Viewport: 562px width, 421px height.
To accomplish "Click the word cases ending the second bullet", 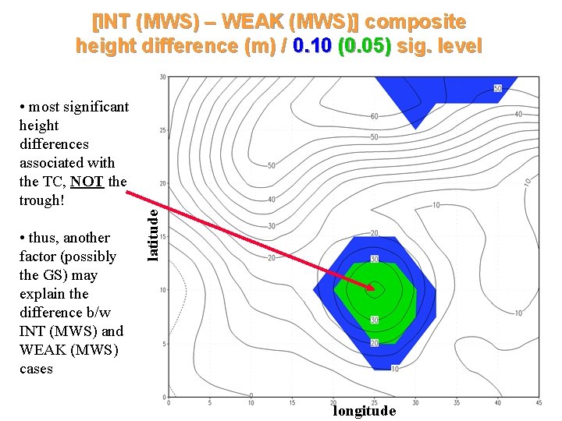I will pos(36,369).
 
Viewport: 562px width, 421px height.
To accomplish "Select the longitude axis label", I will pos(365,411).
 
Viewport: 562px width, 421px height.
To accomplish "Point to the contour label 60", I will pos(375,117).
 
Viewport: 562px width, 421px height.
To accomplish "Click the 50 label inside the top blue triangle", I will pos(497,88).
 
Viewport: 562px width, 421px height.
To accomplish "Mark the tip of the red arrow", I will pos(375,290).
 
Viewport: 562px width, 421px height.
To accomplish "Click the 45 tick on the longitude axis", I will pos(538,402).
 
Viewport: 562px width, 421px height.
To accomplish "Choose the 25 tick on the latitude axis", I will pos(162,130).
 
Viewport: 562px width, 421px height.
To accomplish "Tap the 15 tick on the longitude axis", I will pos(292,402).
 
